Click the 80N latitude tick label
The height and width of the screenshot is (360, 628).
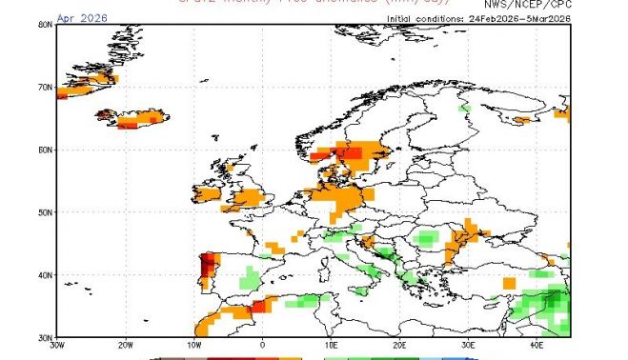(45, 25)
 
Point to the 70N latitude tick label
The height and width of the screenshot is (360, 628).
(45, 87)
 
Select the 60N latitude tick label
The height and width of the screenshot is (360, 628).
(45, 150)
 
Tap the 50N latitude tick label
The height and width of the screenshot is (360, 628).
(45, 211)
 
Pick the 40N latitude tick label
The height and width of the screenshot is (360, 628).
(45, 274)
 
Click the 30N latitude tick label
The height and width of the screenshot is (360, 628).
(45, 336)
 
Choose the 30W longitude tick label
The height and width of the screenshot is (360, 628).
(56, 346)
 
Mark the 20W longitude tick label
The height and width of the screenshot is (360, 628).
(125, 346)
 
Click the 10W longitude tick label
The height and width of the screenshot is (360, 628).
(193, 346)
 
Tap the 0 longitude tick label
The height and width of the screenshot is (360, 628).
(262, 346)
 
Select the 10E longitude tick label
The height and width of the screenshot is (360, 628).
(331, 346)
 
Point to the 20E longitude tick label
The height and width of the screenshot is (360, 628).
(399, 346)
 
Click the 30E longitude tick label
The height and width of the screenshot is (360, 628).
(468, 346)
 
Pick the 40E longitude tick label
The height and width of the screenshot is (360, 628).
(537, 346)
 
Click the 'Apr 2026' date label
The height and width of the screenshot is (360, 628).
(82, 17)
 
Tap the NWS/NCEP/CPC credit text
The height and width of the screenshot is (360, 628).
(527, 5)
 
